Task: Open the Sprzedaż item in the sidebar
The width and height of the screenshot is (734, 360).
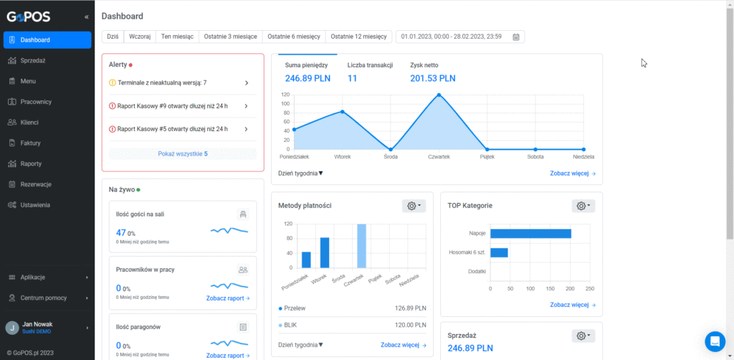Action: [33, 60]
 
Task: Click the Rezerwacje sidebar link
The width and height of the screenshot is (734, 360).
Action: [36, 184]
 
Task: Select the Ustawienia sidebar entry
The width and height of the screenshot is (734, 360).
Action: [35, 204]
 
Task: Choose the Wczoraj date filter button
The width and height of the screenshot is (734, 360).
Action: [140, 37]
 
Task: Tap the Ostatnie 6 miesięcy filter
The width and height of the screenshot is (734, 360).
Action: [294, 37]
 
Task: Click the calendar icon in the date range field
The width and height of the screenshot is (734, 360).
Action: [516, 37]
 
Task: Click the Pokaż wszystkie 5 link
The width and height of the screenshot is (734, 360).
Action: [183, 153]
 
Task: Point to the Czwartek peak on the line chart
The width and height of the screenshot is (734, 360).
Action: [439, 95]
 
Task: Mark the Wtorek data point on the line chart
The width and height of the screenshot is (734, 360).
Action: [342, 111]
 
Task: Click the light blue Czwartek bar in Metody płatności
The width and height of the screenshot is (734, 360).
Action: [361, 246]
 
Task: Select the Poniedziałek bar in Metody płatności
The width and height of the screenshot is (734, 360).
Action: [306, 260]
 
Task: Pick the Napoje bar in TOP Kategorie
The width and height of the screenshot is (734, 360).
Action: [531, 234]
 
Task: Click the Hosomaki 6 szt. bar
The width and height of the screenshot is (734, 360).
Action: [499, 253]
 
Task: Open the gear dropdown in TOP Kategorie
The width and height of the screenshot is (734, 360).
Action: [583, 206]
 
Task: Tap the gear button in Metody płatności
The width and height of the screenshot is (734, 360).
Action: [414, 206]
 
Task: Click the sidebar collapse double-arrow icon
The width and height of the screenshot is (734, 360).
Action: [86, 17]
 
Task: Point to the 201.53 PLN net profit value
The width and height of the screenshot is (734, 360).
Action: [432, 78]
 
